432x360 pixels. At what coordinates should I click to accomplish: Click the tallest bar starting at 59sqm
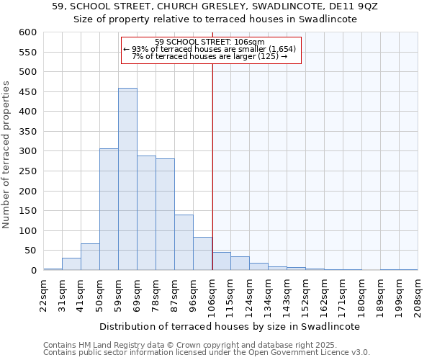(127, 179)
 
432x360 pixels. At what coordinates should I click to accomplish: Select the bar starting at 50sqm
(109, 210)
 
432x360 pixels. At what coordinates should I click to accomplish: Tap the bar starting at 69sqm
(146, 213)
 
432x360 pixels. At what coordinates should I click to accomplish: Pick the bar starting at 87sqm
(184, 243)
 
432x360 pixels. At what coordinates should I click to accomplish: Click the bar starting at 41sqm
(90, 257)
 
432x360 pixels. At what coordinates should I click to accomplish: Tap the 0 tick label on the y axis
(33, 271)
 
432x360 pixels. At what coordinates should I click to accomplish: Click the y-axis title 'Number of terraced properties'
(6, 155)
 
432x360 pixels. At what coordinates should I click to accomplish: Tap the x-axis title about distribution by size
(230, 326)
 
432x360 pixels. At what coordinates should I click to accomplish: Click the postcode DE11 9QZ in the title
(351, 6)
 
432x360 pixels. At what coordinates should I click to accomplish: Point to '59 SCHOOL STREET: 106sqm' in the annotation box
(210, 42)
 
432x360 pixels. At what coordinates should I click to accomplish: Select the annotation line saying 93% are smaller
(210, 49)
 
